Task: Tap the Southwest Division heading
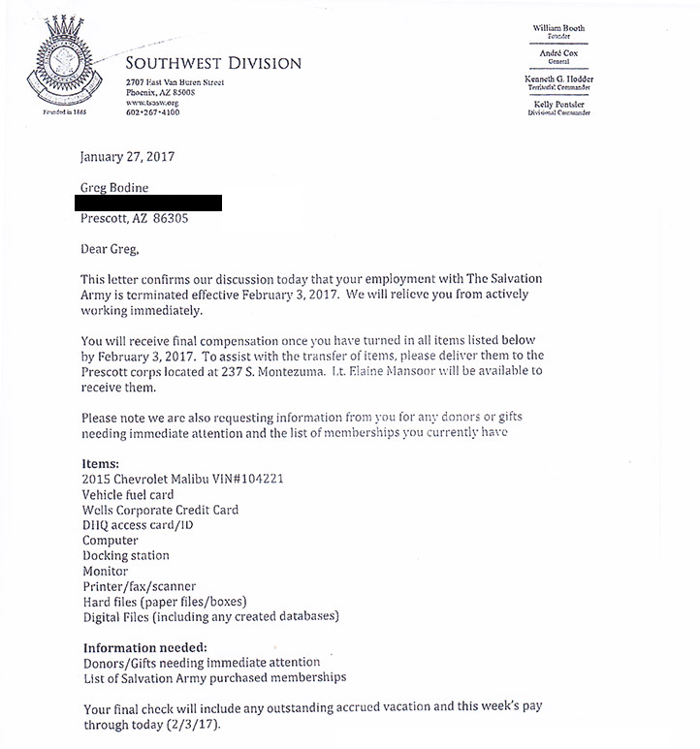[213, 64]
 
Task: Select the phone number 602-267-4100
[153, 112]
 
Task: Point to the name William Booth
[559, 28]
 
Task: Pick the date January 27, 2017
[127, 157]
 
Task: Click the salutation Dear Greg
[110, 249]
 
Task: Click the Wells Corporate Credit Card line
[160, 510]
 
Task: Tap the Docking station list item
[126, 555]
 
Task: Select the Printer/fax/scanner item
[140, 586]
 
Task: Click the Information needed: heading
[144, 647]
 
